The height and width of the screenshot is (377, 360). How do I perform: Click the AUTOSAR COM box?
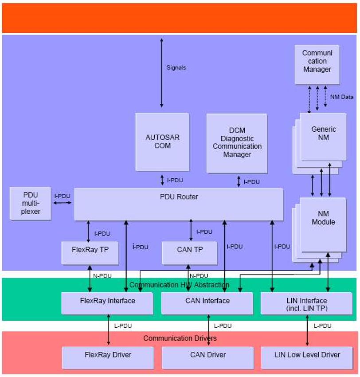click(x=162, y=142)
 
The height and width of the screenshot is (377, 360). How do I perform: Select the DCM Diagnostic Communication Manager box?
click(x=237, y=143)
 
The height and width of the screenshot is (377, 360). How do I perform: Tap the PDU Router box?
click(x=178, y=204)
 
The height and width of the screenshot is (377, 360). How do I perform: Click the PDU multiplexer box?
click(x=31, y=203)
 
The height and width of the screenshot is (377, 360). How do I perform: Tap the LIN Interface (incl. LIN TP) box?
click(x=307, y=303)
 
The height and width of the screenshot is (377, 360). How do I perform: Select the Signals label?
click(x=176, y=68)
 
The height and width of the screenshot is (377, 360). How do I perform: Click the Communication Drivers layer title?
click(x=180, y=338)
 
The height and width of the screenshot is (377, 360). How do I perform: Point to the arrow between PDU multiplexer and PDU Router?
click(x=63, y=203)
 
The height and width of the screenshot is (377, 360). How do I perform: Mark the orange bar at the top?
click(x=180, y=18)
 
